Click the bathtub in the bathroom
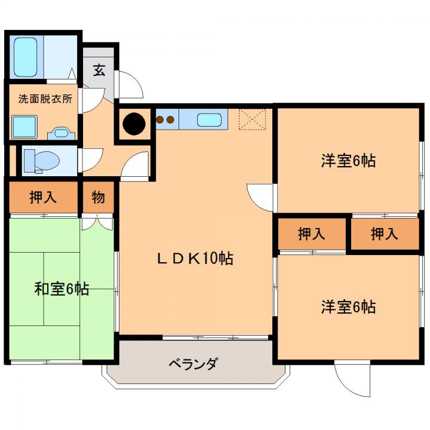click(25, 57)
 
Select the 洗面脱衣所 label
click(45, 99)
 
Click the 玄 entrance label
click(99, 70)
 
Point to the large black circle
click(134, 124)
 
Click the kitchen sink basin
click(209, 120)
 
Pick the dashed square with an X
click(252, 119)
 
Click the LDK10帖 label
click(195, 259)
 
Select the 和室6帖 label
click(62, 289)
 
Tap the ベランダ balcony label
click(193, 364)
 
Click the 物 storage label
click(99, 197)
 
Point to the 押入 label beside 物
click(43, 197)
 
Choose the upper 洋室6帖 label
click(348, 161)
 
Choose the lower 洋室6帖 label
click(348, 307)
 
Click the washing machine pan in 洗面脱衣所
click(24, 127)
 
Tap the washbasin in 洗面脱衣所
click(61, 133)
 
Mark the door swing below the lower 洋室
click(352, 379)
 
